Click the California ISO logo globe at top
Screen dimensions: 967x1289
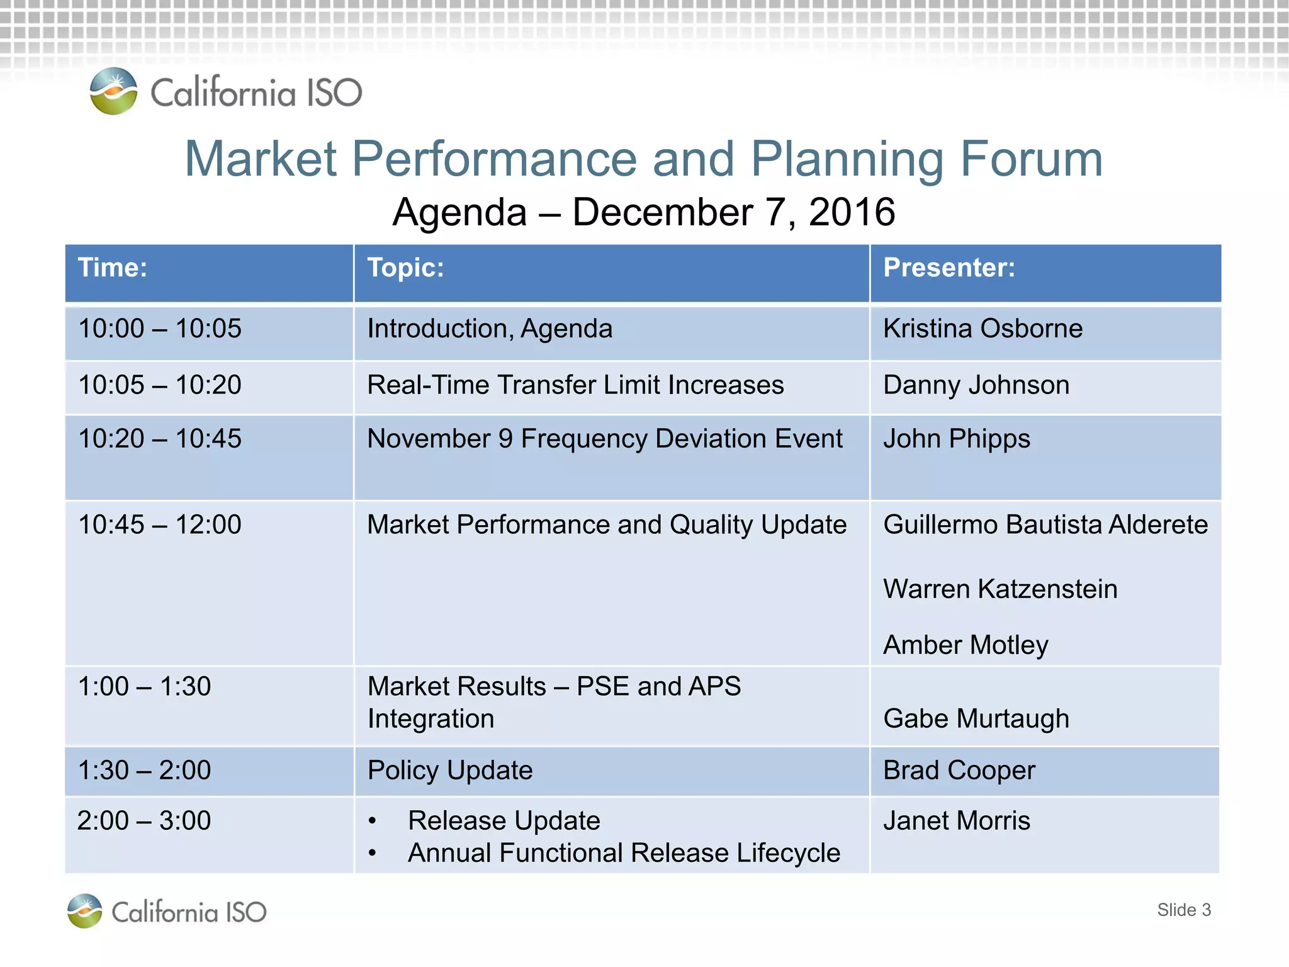pos(113,91)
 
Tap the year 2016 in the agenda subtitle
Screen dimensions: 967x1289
pos(852,212)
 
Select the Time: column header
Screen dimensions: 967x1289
pos(113,268)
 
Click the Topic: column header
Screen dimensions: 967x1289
pos(405,268)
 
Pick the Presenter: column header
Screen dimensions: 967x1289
pos(949,268)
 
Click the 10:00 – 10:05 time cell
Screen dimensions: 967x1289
pos(160,329)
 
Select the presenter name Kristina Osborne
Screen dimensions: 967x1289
pos(982,329)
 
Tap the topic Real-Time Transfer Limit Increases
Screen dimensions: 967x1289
pos(575,385)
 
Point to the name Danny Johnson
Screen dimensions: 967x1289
pos(976,385)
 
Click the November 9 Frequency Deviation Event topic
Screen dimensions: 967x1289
pos(604,439)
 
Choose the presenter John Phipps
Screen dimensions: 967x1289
pos(957,439)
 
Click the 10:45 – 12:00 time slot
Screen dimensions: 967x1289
pos(160,524)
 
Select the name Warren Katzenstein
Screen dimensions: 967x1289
pos(1000,589)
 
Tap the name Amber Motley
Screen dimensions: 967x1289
pos(965,645)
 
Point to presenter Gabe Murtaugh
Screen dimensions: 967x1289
pos(976,719)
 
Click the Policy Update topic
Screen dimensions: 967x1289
pos(450,771)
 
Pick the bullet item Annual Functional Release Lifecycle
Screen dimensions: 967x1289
pos(624,853)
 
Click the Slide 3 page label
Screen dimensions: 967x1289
pos(1183,910)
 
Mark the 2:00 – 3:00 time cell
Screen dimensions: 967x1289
pos(144,821)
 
